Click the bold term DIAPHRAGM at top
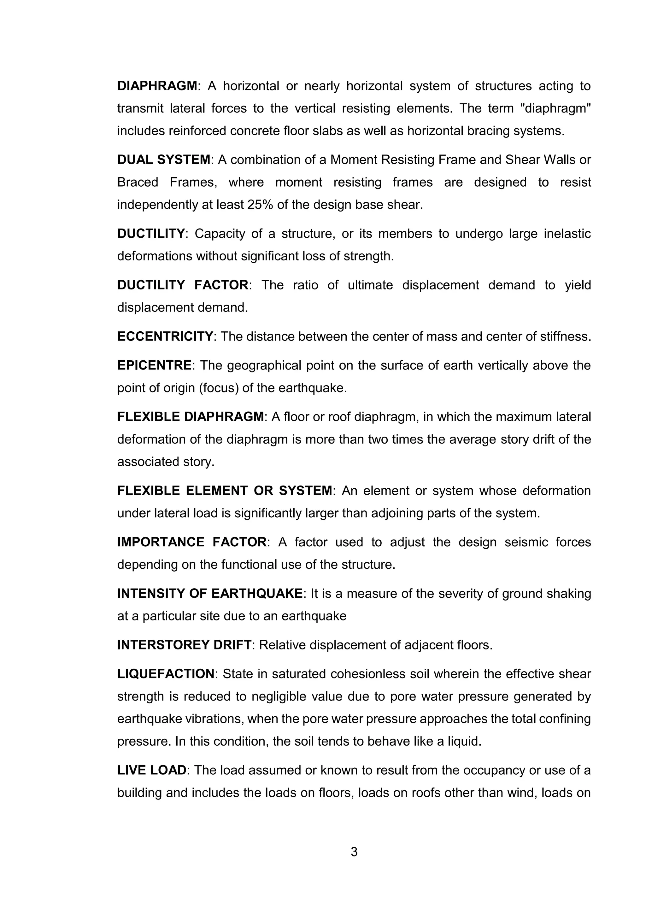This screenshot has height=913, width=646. point(157,86)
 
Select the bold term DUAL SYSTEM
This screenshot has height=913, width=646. point(163,160)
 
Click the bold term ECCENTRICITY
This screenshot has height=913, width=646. point(165,337)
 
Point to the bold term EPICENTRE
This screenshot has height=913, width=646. point(154,365)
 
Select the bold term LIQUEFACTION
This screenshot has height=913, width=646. point(166,674)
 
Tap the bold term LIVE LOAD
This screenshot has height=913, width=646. point(151,770)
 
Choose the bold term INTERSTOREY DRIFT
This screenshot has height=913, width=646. point(184,645)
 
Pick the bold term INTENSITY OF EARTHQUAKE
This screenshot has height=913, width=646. point(210,594)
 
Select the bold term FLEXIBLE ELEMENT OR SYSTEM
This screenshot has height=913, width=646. point(224,491)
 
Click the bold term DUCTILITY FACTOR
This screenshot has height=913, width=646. point(183,285)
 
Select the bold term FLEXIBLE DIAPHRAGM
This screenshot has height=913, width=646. point(191,417)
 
